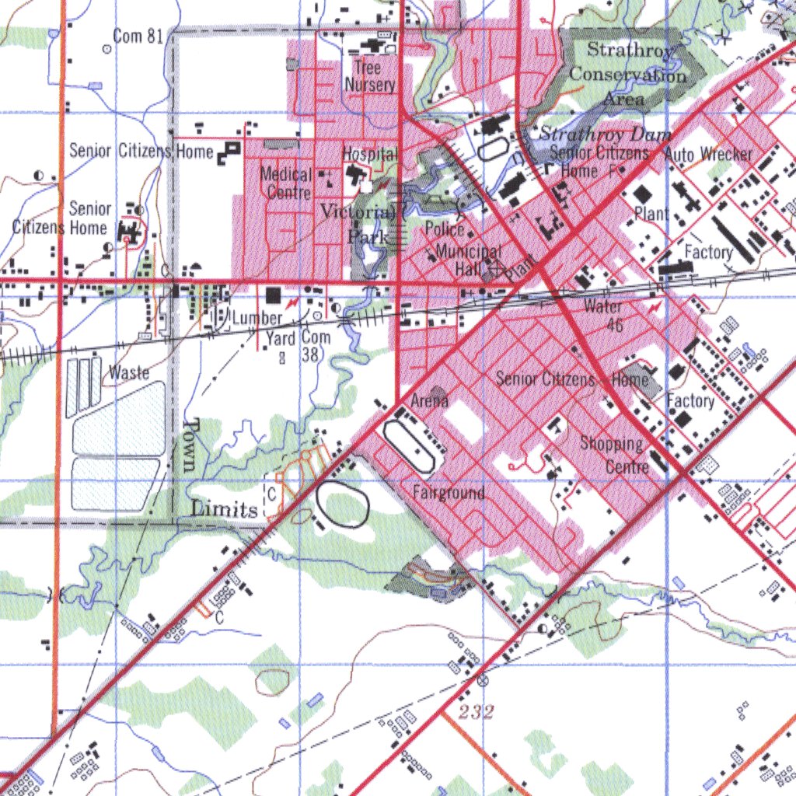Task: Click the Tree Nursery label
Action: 369,76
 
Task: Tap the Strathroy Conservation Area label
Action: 628,75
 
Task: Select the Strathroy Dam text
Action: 605,134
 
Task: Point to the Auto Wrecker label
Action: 708,154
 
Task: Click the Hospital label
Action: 370,154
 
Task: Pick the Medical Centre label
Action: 286,183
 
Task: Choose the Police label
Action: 445,229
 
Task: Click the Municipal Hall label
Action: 468,260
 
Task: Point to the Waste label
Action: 129,372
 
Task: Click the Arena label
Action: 430,401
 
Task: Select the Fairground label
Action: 449,493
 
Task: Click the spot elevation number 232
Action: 476,711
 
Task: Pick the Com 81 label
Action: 138,36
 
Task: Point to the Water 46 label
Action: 605,315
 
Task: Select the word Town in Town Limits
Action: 191,445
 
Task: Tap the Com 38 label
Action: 316,346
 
